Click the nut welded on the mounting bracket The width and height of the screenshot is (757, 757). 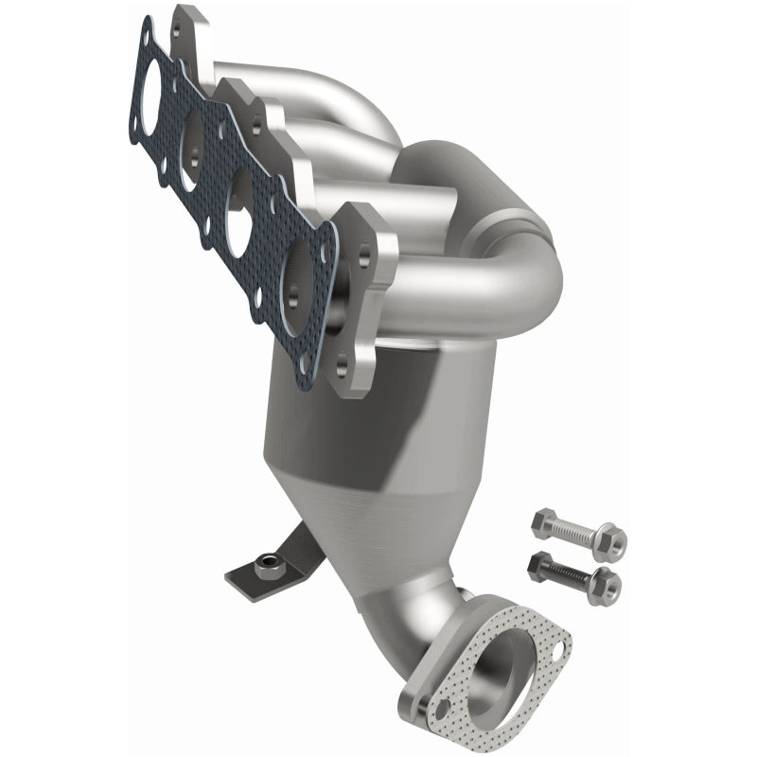269,568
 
